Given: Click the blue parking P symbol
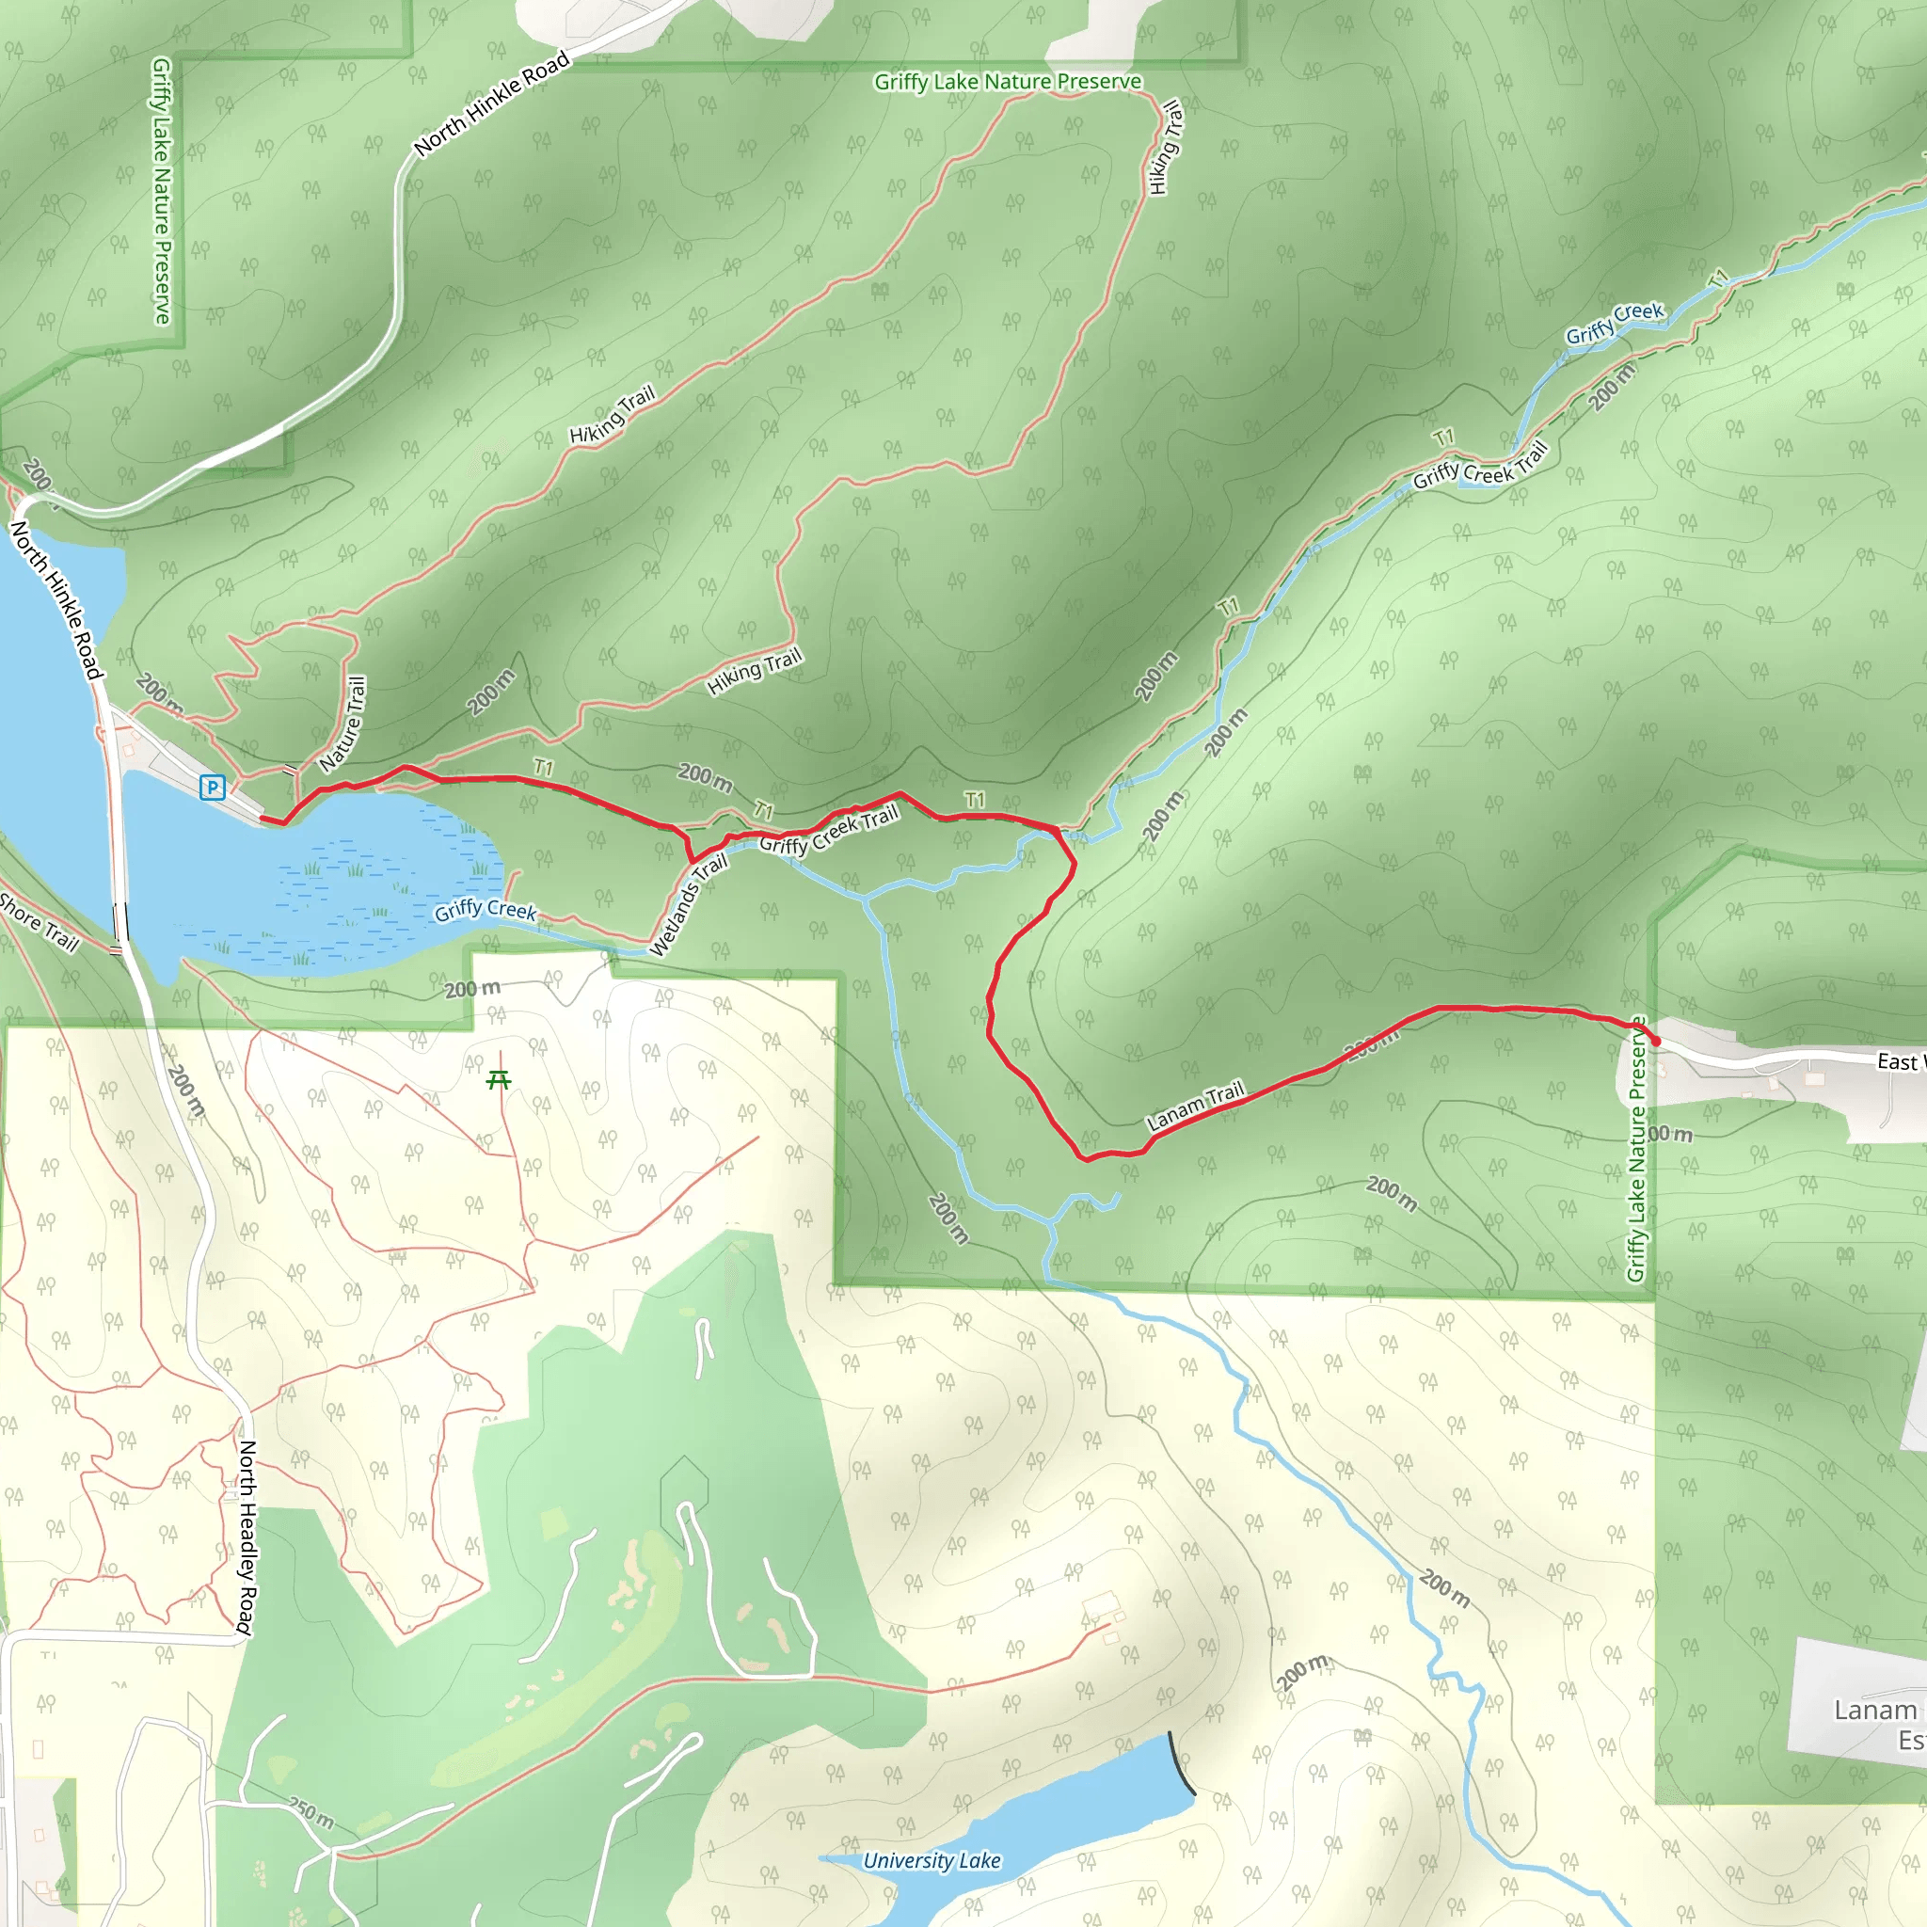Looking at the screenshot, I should pos(212,788).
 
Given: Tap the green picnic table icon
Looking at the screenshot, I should pos(499,1079).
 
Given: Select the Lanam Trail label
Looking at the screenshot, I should pos(1195,1106).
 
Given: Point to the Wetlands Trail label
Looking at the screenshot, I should pos(688,904).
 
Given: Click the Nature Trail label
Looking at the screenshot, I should pos(343,725).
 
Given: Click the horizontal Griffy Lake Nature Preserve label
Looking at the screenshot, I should pos(1008,82).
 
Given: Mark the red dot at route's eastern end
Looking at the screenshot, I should pos(1656,1042).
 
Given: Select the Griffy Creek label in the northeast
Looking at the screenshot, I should pos(1614,323).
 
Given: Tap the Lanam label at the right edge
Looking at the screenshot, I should pos(1875,1710).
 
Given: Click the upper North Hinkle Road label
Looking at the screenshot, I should pos(492,104).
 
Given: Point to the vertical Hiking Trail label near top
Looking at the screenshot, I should pos(1164,148).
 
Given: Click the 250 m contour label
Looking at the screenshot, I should pos(311,1812).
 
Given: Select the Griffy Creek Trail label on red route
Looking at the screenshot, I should pos(829,830).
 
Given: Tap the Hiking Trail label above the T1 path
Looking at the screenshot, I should pos(754,671).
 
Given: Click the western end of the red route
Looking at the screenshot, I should pos(263,819).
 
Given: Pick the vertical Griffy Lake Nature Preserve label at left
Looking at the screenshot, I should pos(162,189).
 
